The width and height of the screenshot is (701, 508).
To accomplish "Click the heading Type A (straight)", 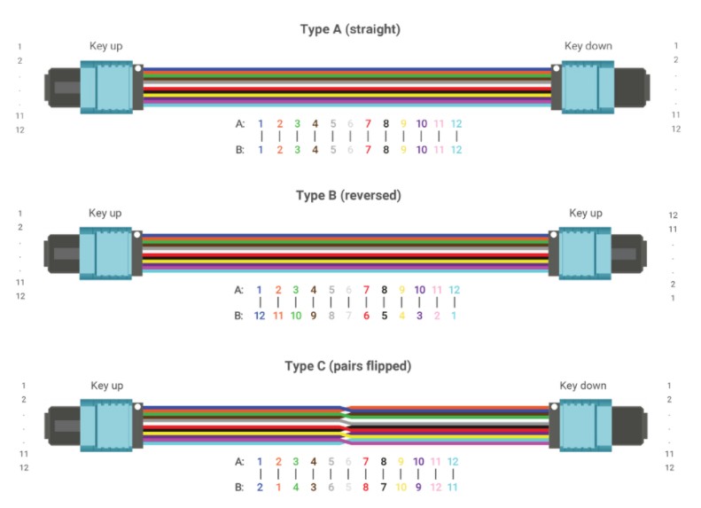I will click(350, 29).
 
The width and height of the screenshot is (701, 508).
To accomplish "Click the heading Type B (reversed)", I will click(350, 196).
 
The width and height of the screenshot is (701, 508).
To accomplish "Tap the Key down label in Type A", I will click(588, 46).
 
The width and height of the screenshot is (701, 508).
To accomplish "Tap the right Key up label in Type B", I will click(585, 214).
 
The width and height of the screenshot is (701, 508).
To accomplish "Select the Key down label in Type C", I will click(583, 386).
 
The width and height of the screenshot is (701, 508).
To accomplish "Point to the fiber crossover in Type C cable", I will click(347, 424).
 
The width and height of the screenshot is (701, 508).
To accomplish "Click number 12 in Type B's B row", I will click(260, 315).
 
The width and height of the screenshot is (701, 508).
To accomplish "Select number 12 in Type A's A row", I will click(456, 124).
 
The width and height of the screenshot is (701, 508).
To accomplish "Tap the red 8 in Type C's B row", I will click(366, 487).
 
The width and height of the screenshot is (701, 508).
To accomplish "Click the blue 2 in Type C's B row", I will click(260, 487).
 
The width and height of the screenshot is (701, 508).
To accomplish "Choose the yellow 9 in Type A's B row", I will click(403, 150).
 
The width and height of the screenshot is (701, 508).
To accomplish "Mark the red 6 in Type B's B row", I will click(366, 315).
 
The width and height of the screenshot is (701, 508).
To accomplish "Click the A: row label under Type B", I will click(238, 290).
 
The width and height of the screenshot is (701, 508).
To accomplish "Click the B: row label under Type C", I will click(238, 487).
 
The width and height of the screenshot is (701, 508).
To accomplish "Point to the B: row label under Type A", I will click(238, 150).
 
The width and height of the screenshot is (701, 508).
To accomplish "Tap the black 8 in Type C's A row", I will click(385, 462).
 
